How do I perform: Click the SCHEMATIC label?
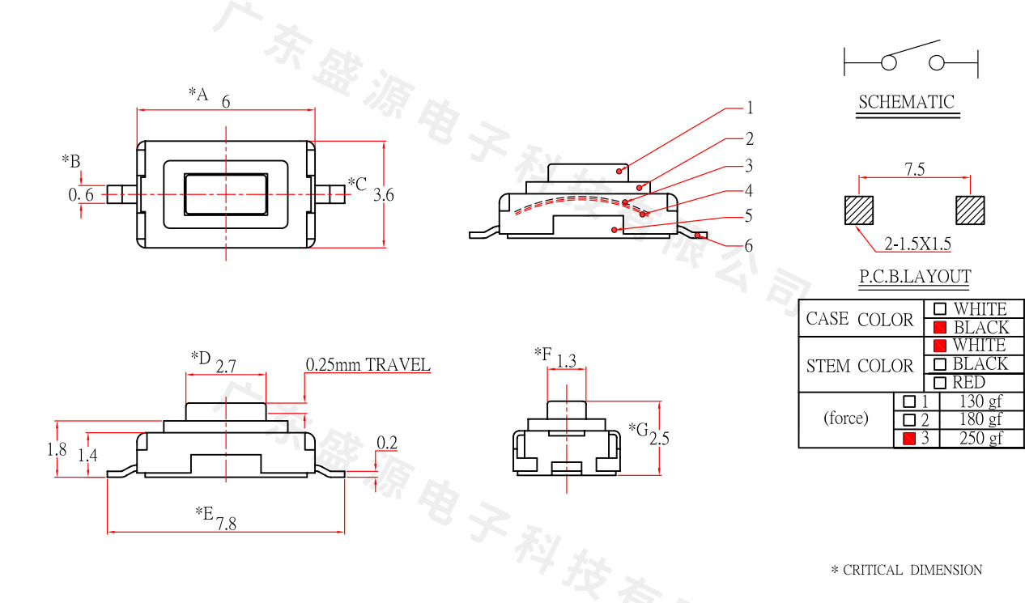coord(907,103)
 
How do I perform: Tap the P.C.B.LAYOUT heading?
coord(915,277)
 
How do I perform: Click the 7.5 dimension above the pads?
coord(915,169)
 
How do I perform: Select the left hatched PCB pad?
coord(859,210)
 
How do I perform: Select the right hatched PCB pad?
coord(970,210)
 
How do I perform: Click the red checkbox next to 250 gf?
coord(909,439)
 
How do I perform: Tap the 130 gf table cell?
coord(980,401)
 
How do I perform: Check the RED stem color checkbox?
coord(940,383)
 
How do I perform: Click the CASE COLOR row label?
coord(860,319)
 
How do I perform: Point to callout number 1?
coord(750,108)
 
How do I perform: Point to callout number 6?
coord(749,245)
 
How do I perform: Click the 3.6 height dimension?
coord(384,195)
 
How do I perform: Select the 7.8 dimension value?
coord(226,524)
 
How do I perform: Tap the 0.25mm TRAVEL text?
coord(368,365)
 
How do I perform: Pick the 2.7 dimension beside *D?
coord(226,366)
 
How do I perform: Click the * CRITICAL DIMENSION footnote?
coord(907,571)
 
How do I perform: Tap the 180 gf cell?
coord(980,420)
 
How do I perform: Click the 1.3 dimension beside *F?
coord(567,361)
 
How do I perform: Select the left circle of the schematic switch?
coord(889,62)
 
